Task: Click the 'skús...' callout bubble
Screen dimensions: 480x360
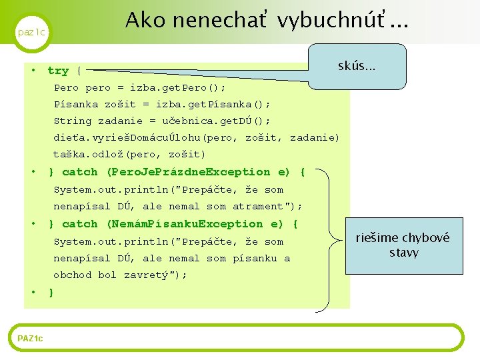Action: tap(357, 66)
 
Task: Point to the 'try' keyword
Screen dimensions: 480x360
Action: tap(58, 71)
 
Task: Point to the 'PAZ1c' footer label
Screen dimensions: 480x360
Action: tap(30, 339)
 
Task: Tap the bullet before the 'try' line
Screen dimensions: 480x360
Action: tap(32, 70)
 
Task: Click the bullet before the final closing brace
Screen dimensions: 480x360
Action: tap(32, 292)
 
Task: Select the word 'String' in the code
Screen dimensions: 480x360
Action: tap(73, 121)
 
